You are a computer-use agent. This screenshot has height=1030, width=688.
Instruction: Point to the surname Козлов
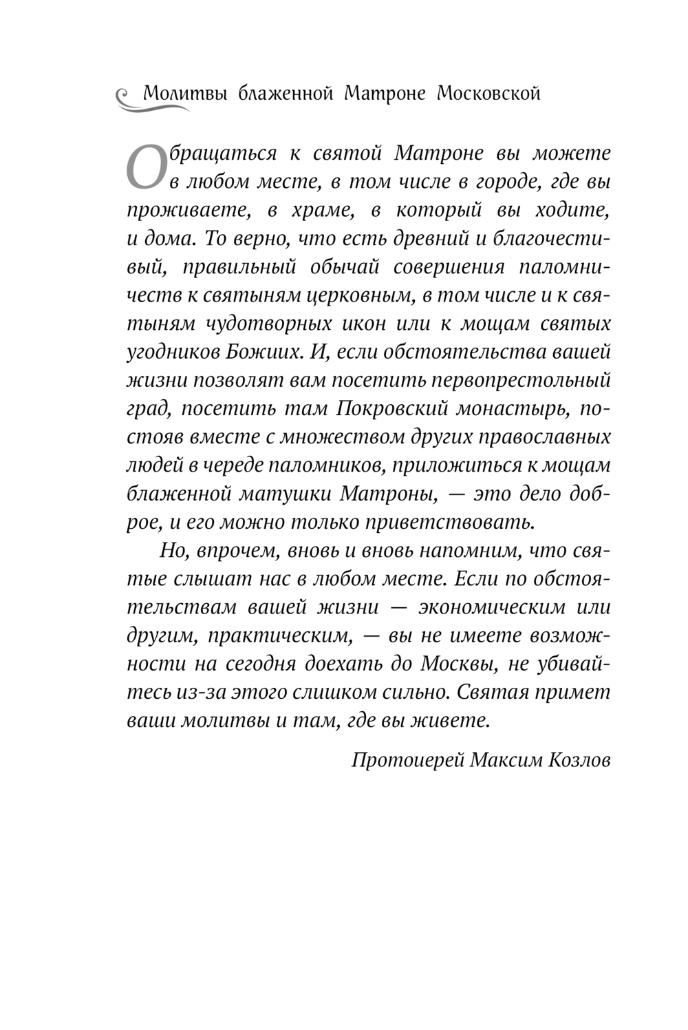580,759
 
